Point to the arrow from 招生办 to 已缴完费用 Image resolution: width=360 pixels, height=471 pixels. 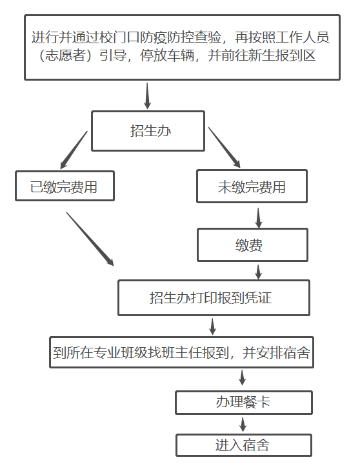(74, 150)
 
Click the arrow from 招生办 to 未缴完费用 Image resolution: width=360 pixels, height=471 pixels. (225, 147)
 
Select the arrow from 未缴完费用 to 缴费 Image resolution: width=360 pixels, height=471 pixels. (258, 218)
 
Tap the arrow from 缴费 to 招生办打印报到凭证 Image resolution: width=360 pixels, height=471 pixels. (258, 272)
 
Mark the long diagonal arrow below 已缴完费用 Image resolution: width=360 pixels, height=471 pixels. (90, 239)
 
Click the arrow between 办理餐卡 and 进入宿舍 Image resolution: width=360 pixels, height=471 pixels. (243, 424)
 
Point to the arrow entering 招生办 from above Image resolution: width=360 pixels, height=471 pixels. (147, 96)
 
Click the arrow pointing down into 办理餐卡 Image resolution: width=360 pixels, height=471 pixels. (242, 377)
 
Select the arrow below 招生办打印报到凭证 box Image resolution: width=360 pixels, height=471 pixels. (212, 326)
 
